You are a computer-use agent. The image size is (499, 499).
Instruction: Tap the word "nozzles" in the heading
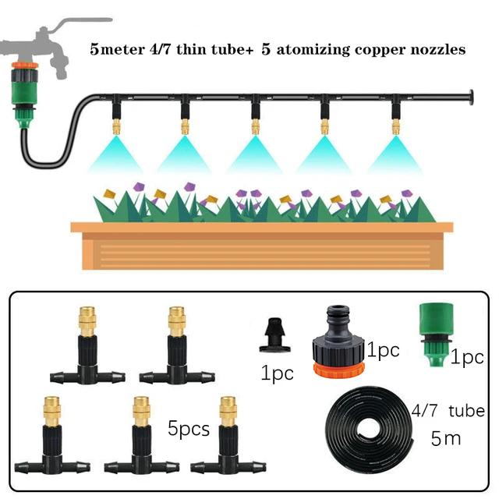[x=437, y=50]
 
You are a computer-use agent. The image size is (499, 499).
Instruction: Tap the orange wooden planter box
[x=261, y=248]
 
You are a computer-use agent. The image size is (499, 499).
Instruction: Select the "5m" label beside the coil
[x=446, y=438]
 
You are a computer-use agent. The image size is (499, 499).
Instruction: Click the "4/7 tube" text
[x=448, y=411]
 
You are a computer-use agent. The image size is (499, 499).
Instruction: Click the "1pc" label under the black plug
[x=277, y=373]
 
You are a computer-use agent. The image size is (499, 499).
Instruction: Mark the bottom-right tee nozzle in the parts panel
[x=226, y=437]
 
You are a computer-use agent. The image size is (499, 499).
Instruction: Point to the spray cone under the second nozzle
[x=186, y=152]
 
